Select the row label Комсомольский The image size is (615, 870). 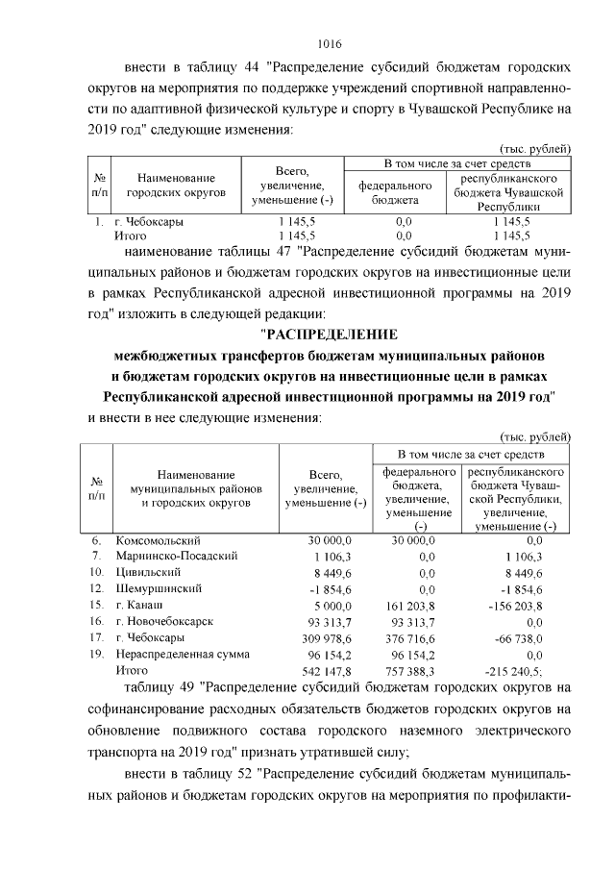pos(157,540)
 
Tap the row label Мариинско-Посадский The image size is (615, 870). pos(174,556)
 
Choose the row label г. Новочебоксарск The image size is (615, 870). pos(163,621)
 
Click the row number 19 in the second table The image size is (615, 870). pos(96,654)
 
